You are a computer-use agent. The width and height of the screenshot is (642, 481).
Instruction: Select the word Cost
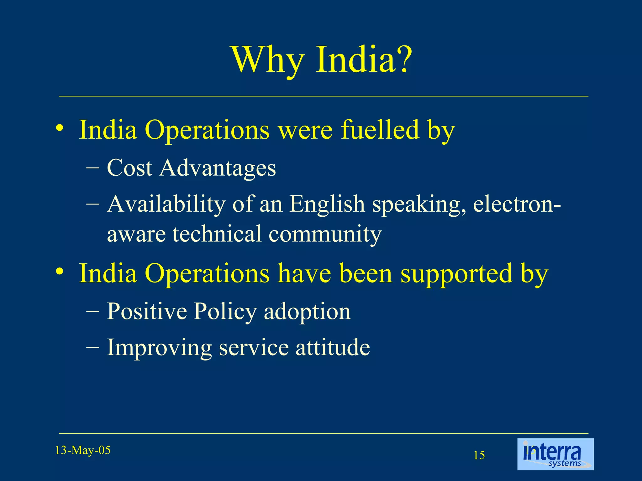129,168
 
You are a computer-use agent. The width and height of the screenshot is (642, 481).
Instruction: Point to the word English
327,204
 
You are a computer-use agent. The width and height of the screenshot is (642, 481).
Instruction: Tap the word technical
217,234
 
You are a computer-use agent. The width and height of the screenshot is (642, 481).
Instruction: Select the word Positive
147,311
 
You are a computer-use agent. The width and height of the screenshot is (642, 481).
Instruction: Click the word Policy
225,312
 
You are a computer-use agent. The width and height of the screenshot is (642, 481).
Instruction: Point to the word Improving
159,348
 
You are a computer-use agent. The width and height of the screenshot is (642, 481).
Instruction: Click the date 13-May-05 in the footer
83,450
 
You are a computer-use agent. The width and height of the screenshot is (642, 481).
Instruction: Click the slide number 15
479,455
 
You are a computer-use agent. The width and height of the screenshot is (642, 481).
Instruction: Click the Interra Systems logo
555,454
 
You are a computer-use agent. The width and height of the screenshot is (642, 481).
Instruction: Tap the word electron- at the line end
517,204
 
